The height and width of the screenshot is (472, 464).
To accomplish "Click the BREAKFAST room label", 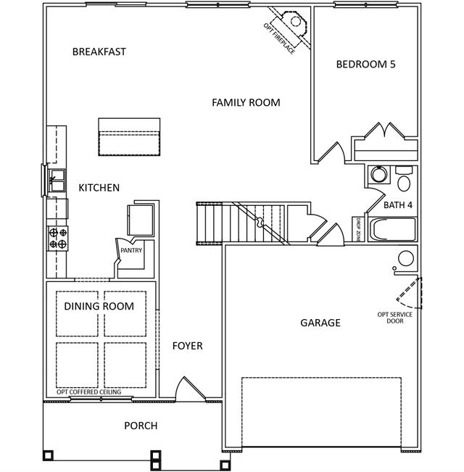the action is [x=99, y=51].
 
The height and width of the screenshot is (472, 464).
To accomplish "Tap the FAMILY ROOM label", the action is [x=246, y=103].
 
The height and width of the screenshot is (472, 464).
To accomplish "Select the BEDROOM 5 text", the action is [x=365, y=64].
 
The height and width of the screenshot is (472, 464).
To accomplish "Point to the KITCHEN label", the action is [x=99, y=188].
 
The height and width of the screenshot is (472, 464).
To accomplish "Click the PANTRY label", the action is [x=131, y=250].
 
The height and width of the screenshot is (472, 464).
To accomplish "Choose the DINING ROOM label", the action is [x=99, y=306].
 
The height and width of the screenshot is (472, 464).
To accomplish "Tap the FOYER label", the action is [x=188, y=346].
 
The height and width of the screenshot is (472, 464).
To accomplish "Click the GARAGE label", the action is [x=320, y=323].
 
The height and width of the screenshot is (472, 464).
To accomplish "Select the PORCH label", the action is [x=141, y=426].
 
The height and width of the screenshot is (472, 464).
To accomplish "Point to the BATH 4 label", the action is [x=398, y=205].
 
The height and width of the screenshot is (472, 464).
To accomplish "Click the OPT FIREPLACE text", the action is [x=279, y=38].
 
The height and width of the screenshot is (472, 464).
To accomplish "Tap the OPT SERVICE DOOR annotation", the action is [x=395, y=318].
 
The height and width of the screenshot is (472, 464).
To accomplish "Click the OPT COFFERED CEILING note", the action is [x=88, y=392].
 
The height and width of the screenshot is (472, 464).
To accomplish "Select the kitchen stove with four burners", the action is [x=58, y=239].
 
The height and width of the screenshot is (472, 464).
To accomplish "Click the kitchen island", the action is [x=129, y=137].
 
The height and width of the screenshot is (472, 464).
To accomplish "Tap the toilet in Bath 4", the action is [x=404, y=179].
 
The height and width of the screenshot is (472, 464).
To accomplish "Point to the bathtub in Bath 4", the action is [x=393, y=229].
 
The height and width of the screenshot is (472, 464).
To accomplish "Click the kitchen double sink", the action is [x=57, y=181].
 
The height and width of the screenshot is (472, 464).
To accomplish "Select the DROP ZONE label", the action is [x=358, y=231].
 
